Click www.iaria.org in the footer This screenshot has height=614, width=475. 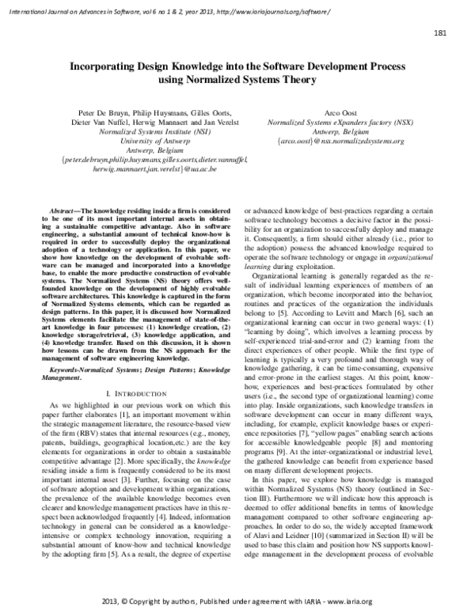tap(347, 602)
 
